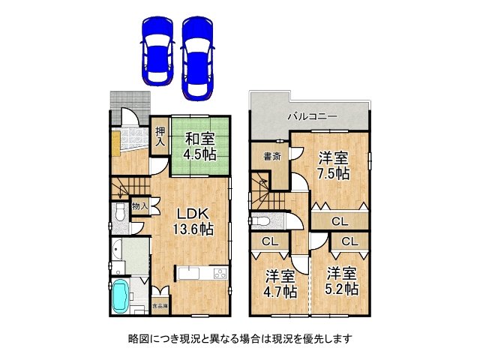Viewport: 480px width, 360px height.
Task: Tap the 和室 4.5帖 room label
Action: coord(201,145)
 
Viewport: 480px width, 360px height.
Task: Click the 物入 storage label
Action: coord(139,205)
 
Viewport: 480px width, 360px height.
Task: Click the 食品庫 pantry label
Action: coord(160,307)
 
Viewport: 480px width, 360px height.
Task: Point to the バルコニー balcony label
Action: coord(312,117)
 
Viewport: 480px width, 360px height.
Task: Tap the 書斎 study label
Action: coord(271,157)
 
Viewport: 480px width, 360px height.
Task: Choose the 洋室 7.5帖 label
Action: coord(333,165)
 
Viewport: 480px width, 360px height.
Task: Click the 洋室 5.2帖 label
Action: coord(341,280)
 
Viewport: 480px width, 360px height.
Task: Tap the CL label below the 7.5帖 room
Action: coord(340,221)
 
